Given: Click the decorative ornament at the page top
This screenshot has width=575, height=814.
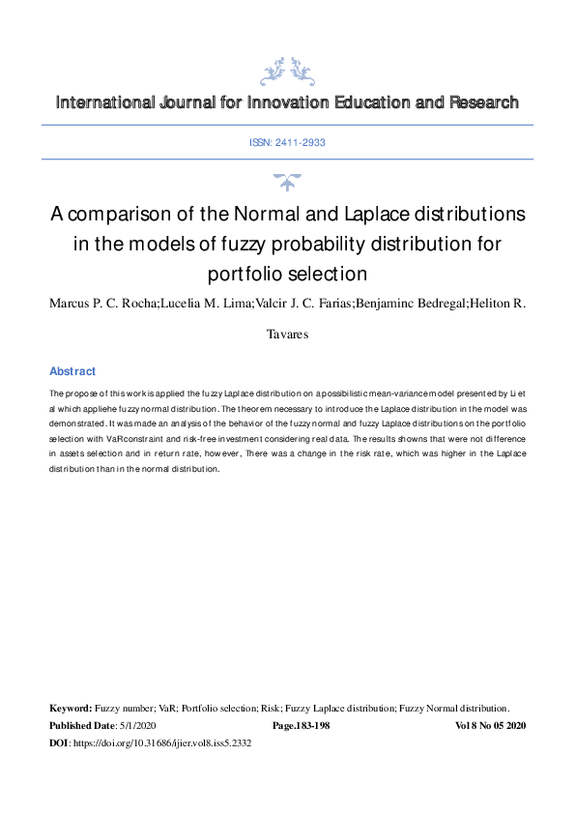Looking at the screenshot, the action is (287, 71).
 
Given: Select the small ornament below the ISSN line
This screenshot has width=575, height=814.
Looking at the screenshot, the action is (287, 180).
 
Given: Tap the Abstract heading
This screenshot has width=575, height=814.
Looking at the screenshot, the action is (72, 371).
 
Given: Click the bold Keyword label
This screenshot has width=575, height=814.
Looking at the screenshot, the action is (71, 709).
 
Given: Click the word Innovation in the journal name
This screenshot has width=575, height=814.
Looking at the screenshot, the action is (285, 102).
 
